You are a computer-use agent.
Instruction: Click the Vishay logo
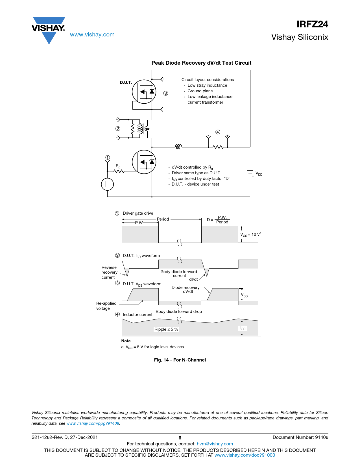[49, 28]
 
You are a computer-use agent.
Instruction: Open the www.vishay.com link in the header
[92, 35]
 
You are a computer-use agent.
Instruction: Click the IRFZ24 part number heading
[312, 24]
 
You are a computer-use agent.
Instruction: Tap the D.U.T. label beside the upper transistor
[126, 82]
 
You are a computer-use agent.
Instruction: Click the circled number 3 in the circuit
[166, 93]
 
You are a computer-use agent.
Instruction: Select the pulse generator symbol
[107, 184]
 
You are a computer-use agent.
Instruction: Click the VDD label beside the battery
[259, 174]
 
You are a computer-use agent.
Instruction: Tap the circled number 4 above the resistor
[218, 132]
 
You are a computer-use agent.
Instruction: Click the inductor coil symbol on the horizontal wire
[178, 147]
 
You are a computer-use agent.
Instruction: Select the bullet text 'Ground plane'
[200, 91]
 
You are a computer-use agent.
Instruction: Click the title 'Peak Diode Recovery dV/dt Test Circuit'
[201, 63]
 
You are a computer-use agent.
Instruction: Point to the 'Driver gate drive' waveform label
[138, 213]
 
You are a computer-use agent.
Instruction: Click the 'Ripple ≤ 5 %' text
[166, 329]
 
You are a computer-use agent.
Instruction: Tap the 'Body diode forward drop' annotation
[179, 312]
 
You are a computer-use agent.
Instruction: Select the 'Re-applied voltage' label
[106, 306]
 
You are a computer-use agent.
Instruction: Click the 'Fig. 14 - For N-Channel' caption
[180, 360]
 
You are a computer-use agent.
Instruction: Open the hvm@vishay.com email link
[215, 444]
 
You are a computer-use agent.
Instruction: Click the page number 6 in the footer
[180, 438]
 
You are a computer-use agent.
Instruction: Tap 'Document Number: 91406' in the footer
[300, 437]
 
